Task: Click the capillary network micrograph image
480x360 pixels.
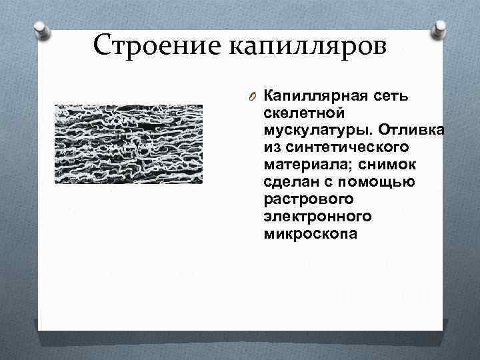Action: (x=127, y=144)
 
